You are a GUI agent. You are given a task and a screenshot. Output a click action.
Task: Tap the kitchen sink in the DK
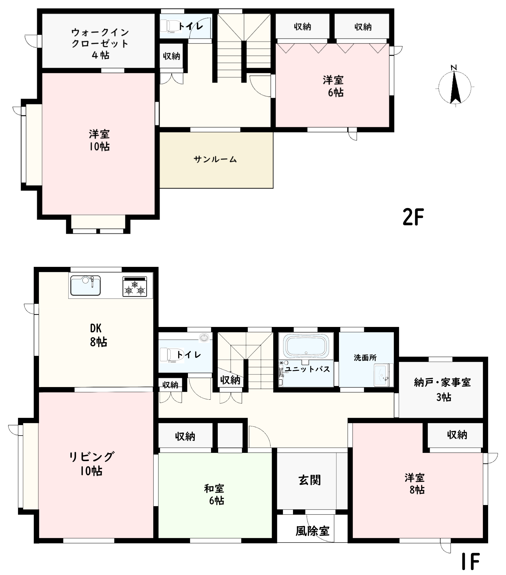click(x=85, y=285)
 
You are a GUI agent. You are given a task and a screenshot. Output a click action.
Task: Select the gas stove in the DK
click(x=135, y=287)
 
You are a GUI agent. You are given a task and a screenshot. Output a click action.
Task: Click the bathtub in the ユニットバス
click(x=306, y=346)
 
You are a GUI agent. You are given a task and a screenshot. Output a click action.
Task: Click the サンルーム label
click(x=215, y=159)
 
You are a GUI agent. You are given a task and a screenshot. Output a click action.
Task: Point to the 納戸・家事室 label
click(x=442, y=383)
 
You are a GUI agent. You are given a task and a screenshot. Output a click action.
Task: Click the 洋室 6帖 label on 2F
click(x=333, y=86)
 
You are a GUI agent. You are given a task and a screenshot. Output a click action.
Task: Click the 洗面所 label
click(x=365, y=358)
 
